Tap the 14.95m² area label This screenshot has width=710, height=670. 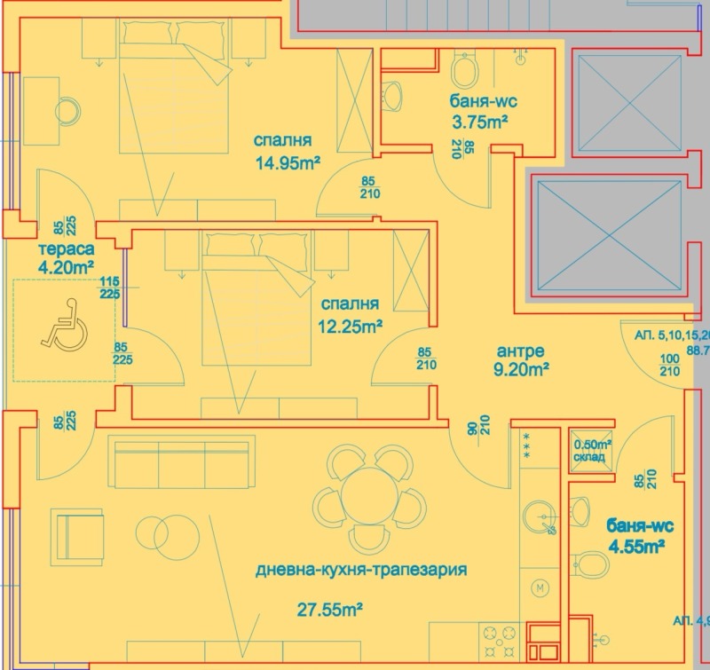coord(286,162)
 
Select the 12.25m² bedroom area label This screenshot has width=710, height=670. coord(350,326)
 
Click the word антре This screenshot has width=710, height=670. coord(521,351)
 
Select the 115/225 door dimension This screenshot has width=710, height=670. coord(110,288)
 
